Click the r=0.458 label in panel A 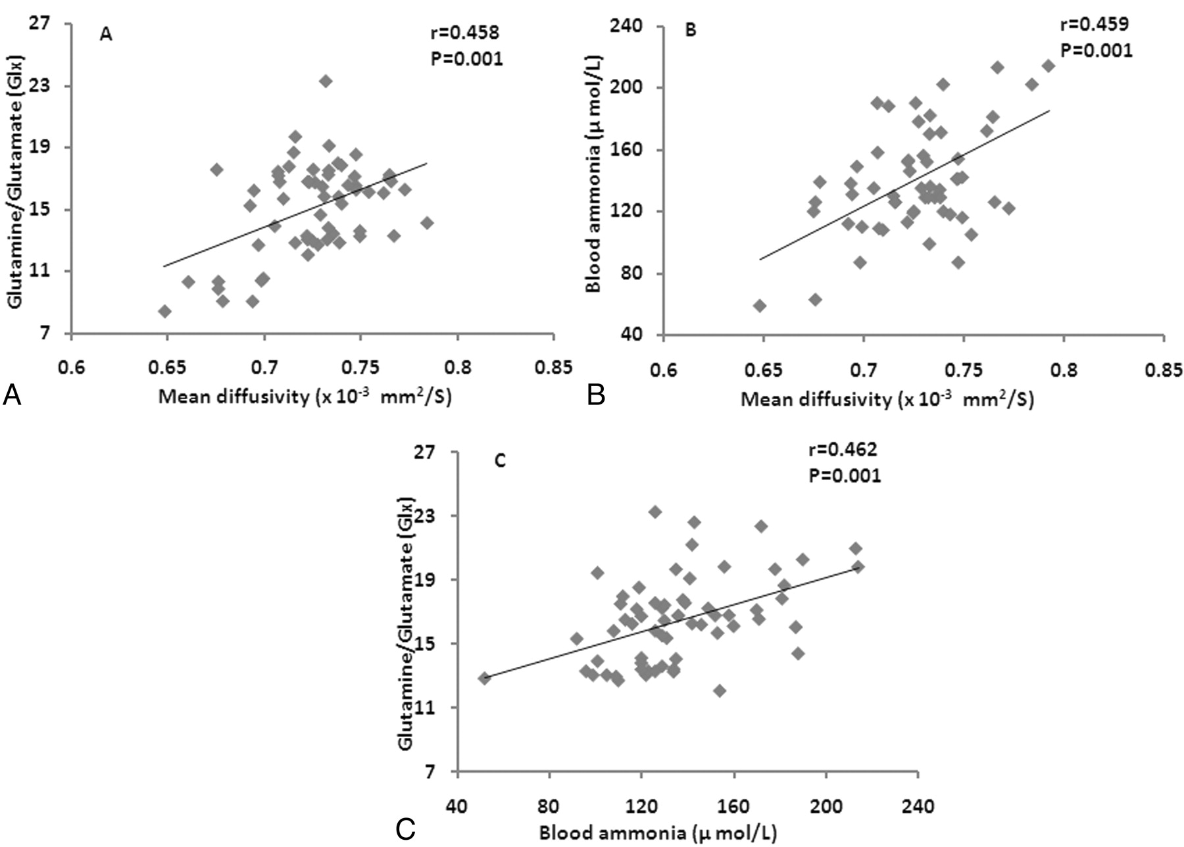[465, 32]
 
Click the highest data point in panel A [326, 81]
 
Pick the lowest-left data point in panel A [164, 311]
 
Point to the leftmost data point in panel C [485, 678]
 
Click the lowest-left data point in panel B [760, 305]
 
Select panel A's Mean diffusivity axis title [305, 397]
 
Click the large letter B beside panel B [596, 396]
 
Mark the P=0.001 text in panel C [844, 475]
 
